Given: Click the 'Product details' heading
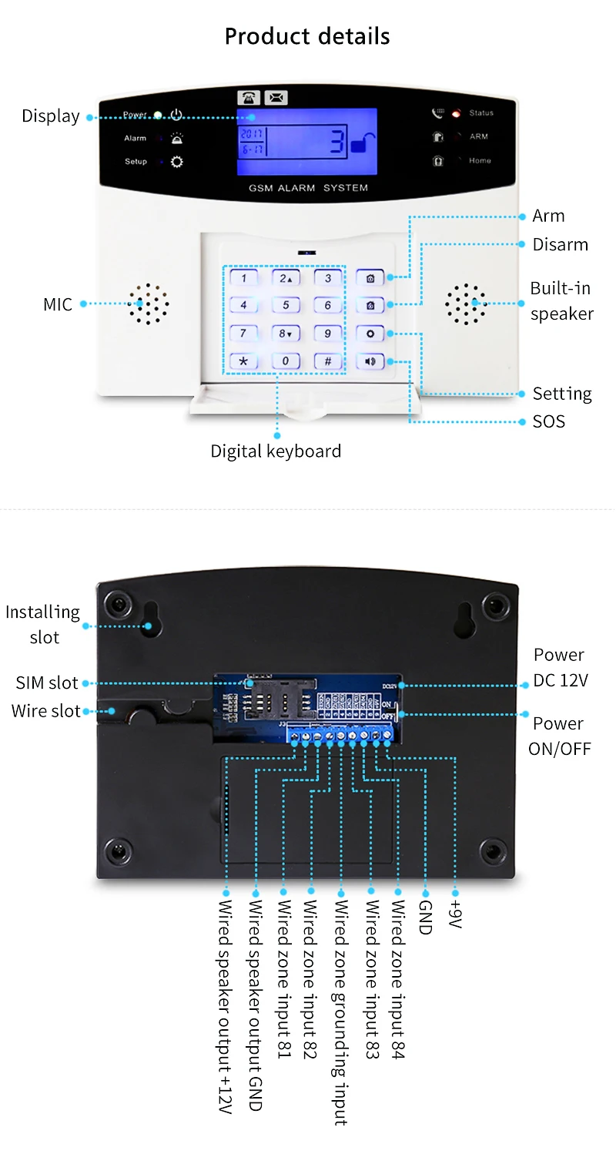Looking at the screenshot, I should (x=307, y=36).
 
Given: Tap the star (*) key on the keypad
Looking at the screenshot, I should (x=244, y=361).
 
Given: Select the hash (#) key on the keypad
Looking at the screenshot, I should (x=327, y=361).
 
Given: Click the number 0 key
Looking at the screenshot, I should (x=286, y=361).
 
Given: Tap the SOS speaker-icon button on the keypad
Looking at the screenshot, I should (x=370, y=361).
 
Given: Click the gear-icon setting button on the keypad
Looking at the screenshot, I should (x=370, y=334).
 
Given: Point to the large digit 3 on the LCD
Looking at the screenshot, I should (x=337, y=143).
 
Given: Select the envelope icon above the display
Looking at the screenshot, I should (x=276, y=98).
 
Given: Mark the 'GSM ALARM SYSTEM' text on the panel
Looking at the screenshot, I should (x=308, y=188).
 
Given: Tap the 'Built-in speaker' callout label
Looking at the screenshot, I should (x=561, y=301).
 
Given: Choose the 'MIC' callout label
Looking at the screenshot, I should (x=58, y=304).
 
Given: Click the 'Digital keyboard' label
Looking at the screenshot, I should (x=276, y=451).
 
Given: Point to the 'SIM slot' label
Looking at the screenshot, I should (x=47, y=683).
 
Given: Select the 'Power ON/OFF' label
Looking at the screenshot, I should (x=559, y=736).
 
